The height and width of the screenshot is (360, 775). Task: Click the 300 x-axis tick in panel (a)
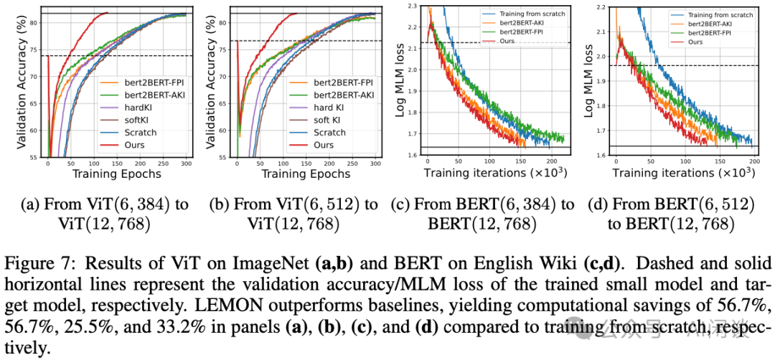click(x=186, y=164)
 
